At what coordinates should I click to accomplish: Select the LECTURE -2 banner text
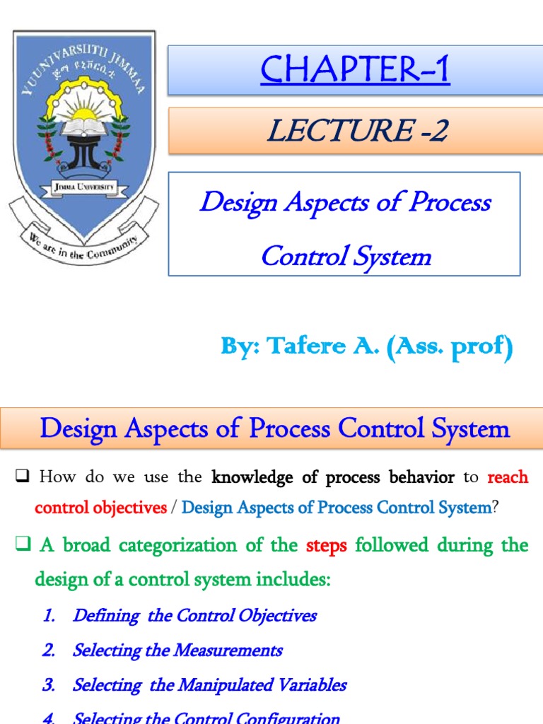pyautogui.click(x=357, y=132)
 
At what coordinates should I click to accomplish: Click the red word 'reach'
pyautogui.click(x=508, y=477)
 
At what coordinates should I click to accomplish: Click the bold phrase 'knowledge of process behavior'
pyautogui.click(x=333, y=477)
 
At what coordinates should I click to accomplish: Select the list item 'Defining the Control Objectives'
pyautogui.click(x=194, y=615)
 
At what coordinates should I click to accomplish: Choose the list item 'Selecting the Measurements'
pyautogui.click(x=177, y=650)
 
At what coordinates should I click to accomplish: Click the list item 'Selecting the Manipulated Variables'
pyautogui.click(x=209, y=684)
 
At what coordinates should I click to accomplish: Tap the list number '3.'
pyautogui.click(x=48, y=684)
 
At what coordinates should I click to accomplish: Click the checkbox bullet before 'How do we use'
pyautogui.click(x=21, y=477)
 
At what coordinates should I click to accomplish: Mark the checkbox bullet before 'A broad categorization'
pyautogui.click(x=22, y=545)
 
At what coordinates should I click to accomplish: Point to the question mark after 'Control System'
pyautogui.click(x=495, y=508)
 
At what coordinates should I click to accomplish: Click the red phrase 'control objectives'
pyautogui.click(x=100, y=508)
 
